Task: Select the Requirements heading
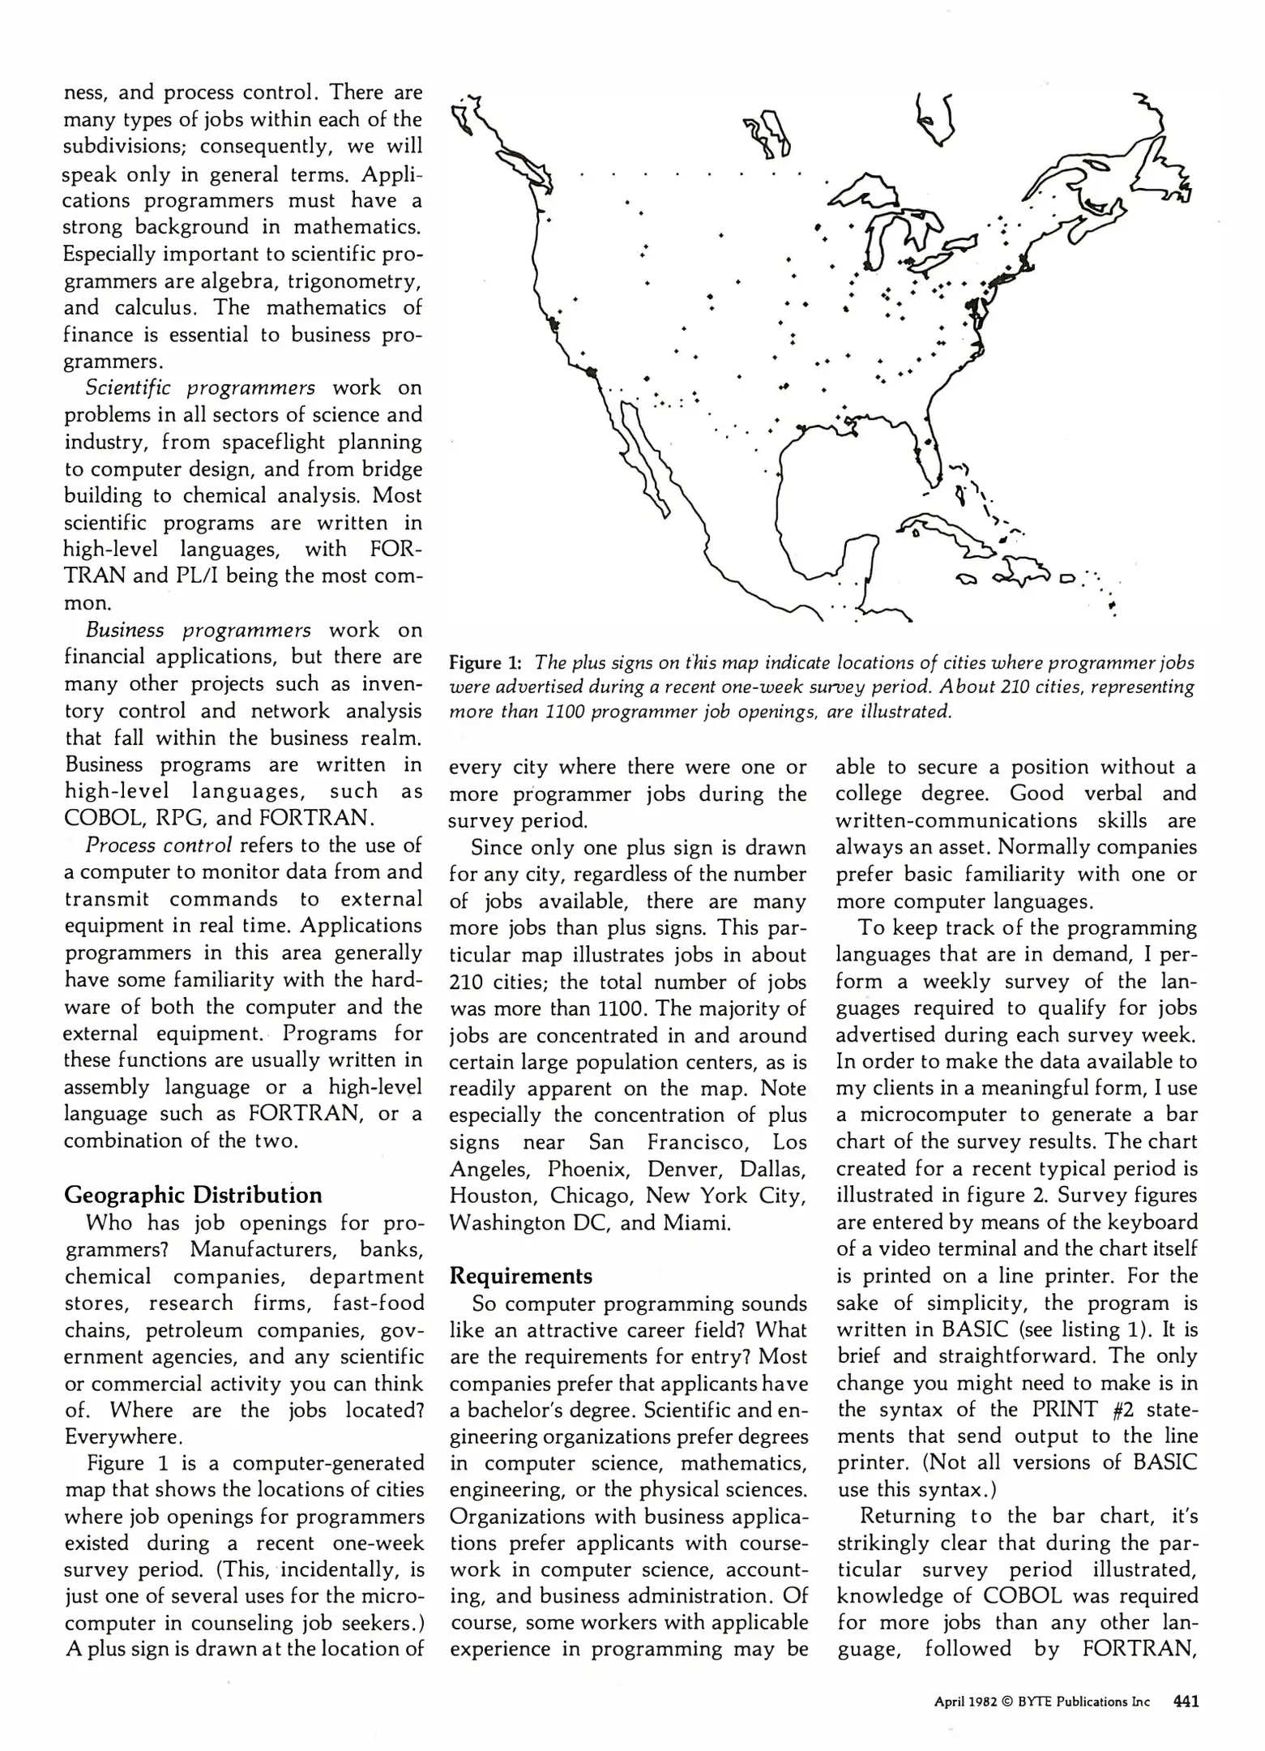pyautogui.click(x=520, y=1276)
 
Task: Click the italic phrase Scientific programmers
pyautogui.click(x=200, y=387)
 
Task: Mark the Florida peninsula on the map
pyautogui.click(x=929, y=454)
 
